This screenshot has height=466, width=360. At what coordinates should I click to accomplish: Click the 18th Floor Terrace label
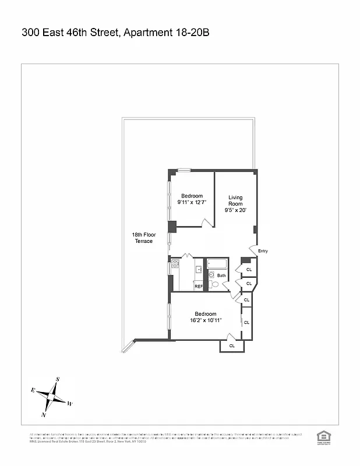pyautogui.click(x=143, y=238)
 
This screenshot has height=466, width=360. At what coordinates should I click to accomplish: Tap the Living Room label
pyautogui.click(x=235, y=203)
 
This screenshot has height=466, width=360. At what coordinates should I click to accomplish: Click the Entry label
pyautogui.click(x=263, y=251)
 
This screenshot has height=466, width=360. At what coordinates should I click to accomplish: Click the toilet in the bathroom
pyautogui.click(x=215, y=284)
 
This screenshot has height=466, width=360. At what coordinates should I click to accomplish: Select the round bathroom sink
pyautogui.click(x=212, y=275)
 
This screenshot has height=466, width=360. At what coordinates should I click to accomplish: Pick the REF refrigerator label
pyautogui.click(x=198, y=287)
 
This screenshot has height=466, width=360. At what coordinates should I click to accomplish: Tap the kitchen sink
pyautogui.click(x=199, y=269)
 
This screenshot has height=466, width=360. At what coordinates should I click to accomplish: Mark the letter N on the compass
pyautogui.click(x=44, y=415)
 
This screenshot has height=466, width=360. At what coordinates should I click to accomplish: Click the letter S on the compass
pyautogui.click(x=58, y=379)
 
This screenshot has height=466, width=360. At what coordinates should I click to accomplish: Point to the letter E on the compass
pyautogui.click(x=33, y=390)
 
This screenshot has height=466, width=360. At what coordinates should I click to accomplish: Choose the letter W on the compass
pyautogui.click(x=70, y=403)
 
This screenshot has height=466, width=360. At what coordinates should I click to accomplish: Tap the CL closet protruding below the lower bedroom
pyautogui.click(x=232, y=345)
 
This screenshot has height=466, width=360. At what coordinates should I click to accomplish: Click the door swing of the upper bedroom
pyautogui.click(x=206, y=222)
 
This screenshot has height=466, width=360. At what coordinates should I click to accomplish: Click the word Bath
pyautogui.click(x=221, y=276)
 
